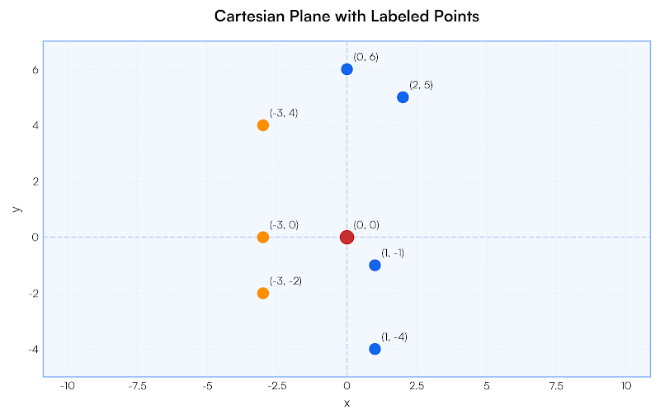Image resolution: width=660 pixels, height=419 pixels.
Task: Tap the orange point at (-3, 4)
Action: [x=263, y=125]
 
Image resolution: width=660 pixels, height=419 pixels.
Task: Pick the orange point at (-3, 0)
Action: [x=263, y=238]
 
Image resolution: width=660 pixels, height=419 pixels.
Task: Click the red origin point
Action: [x=346, y=238]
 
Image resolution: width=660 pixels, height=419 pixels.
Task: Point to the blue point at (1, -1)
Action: [x=375, y=266]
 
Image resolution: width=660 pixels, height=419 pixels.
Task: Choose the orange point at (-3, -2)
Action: [x=263, y=293]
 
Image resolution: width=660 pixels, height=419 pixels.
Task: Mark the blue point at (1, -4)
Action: [x=375, y=349]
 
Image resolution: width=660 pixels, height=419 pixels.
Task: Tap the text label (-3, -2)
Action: [x=285, y=281]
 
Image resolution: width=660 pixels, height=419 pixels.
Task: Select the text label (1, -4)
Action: [x=394, y=337]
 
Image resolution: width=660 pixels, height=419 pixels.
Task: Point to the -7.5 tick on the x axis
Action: [x=137, y=386]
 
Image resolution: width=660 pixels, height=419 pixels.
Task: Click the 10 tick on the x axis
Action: [x=625, y=386]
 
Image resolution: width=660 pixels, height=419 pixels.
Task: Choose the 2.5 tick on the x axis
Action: [x=416, y=386]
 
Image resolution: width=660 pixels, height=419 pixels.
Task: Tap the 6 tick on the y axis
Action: [x=35, y=70]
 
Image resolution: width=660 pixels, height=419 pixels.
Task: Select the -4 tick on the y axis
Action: [x=33, y=349]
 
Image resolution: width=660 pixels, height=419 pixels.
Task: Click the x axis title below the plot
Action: [x=346, y=403]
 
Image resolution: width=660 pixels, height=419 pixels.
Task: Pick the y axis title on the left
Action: [x=16, y=209]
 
